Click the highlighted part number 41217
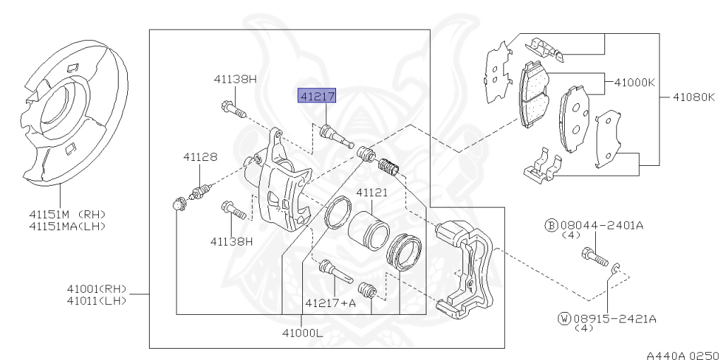(x=318, y=96)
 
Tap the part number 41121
(x=372, y=192)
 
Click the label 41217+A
(x=330, y=303)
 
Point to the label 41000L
(x=302, y=332)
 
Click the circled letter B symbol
(x=551, y=225)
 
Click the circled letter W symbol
(x=563, y=319)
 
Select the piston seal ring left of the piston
(x=337, y=214)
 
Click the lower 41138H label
(x=231, y=241)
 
